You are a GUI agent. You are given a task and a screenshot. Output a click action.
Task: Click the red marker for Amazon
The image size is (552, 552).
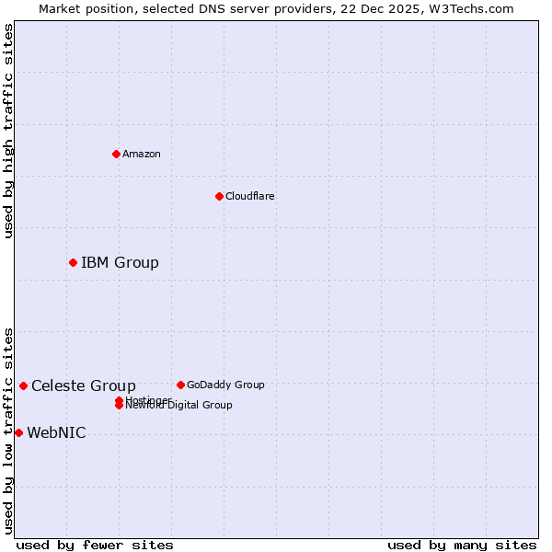[116, 154]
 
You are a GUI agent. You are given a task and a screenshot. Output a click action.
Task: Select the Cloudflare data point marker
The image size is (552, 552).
[219, 196]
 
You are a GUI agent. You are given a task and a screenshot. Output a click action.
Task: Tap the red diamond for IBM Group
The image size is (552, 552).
[73, 262]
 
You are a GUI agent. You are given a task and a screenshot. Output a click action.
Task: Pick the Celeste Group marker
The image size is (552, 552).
[23, 385]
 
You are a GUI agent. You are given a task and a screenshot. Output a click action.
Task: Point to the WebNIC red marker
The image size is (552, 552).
[18, 432]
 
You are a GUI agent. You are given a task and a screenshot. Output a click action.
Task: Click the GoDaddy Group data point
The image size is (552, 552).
[180, 385]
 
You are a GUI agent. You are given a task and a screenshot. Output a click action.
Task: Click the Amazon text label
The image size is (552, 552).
[142, 154]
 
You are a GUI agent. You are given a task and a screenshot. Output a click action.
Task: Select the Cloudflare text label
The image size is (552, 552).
[249, 196]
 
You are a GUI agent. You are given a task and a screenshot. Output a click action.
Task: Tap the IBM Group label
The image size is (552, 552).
[120, 263]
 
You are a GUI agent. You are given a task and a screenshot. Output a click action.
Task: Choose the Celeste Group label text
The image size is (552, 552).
[84, 386]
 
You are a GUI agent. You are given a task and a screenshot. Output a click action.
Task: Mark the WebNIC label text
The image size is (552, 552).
[56, 433]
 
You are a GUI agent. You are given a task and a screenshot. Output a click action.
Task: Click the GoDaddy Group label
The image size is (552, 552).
[225, 385]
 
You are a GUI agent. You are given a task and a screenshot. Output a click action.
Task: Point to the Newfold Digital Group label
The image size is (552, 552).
[179, 406]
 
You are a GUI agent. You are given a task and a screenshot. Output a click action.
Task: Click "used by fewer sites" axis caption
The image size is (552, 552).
[95, 545]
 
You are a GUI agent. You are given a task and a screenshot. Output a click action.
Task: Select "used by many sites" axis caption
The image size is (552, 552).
[462, 545]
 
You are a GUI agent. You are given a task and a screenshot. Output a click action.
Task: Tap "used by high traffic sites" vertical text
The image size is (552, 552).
[8, 131]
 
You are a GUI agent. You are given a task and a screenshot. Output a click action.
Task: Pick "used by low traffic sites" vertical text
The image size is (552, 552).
[8, 430]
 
